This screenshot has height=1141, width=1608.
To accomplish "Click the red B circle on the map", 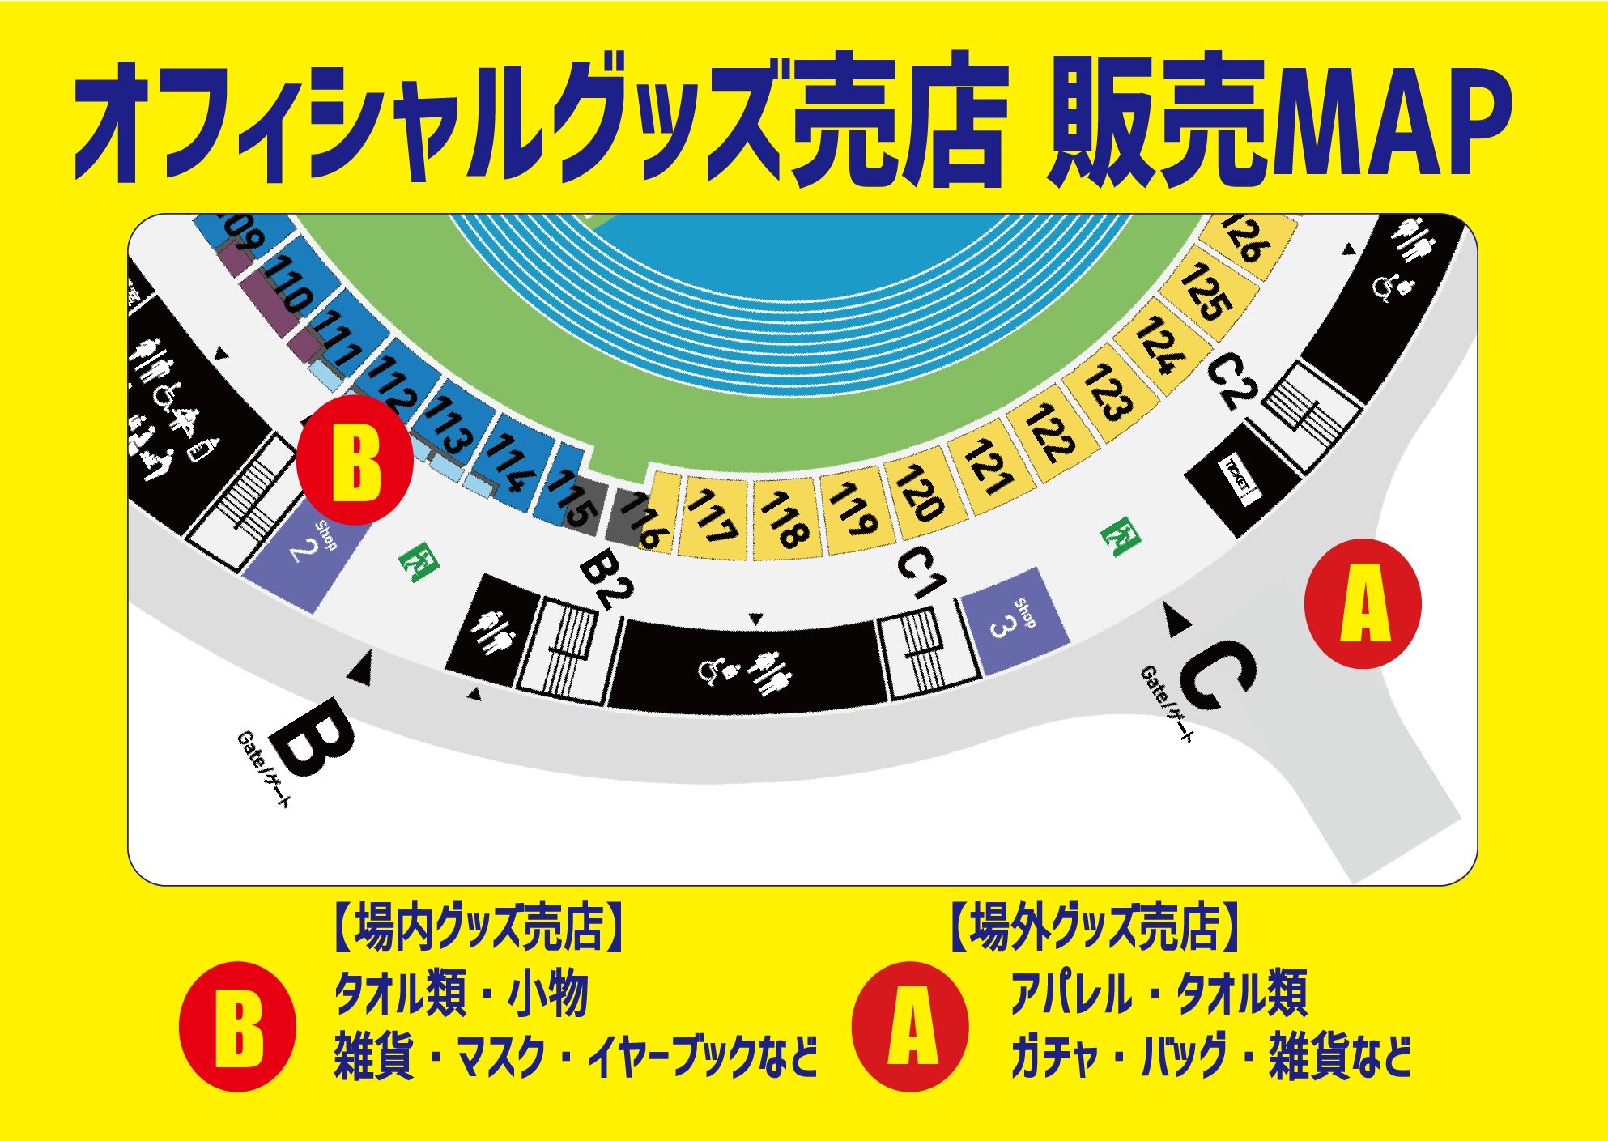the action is [355, 465].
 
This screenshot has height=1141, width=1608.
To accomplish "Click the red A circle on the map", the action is [1363, 604].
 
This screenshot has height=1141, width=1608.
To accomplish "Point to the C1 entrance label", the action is [921, 573].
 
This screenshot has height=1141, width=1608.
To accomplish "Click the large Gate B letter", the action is [312, 737].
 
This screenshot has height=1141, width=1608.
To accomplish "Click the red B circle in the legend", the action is [236, 1027].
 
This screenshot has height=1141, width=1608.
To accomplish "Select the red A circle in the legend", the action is [910, 1027].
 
